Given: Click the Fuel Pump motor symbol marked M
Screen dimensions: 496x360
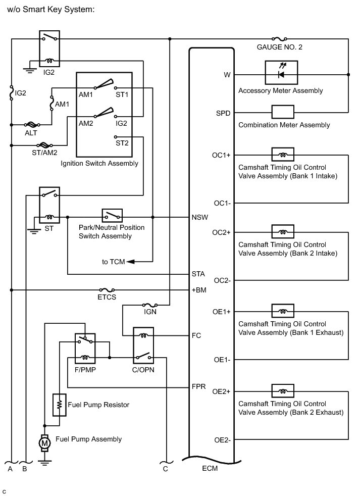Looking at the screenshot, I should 44,443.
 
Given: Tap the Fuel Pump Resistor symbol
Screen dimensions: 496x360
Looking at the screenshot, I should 60,404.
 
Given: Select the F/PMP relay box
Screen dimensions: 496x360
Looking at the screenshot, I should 85,349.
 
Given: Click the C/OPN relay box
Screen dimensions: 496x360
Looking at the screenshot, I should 143,345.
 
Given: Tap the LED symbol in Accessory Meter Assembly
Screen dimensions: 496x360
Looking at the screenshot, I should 281,75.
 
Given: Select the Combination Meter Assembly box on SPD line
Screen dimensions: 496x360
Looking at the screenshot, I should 283,112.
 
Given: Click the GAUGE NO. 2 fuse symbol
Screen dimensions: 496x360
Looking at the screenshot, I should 279,38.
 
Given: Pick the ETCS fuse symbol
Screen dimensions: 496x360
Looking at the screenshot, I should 107,290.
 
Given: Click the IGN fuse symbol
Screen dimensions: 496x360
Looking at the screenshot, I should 150,305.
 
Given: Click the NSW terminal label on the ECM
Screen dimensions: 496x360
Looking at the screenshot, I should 198,218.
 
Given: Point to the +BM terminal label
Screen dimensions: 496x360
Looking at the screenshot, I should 198,290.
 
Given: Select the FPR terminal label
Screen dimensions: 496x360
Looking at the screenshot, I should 198,388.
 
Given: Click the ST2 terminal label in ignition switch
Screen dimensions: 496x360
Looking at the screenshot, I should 122,143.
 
